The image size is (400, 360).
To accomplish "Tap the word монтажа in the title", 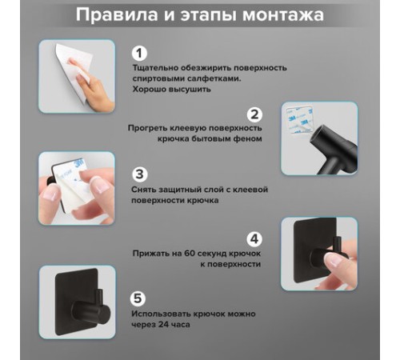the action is point(283,15).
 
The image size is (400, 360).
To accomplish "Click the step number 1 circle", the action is point(139,54).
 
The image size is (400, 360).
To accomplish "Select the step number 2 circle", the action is point(254,114).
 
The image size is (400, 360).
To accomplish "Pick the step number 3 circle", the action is point(139,174).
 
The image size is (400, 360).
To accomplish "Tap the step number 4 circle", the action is point(254,239).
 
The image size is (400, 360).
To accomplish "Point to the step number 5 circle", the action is point(138,298).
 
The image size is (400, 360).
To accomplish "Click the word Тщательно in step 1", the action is point(155,68).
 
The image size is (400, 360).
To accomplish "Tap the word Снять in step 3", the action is point(144,190).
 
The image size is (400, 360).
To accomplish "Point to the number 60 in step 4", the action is point(190,254).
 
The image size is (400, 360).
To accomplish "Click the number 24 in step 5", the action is point(164,325).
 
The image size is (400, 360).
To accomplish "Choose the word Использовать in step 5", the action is point(160,314).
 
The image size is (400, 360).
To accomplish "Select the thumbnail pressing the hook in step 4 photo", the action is point(332,260).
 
